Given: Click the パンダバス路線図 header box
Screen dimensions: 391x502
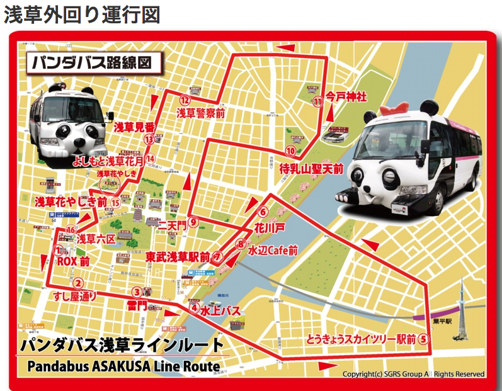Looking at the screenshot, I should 94,63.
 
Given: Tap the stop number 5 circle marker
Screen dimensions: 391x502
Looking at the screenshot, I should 424,338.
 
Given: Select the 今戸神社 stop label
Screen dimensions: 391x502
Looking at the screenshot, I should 346,98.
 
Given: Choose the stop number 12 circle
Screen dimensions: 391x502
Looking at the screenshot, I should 185,99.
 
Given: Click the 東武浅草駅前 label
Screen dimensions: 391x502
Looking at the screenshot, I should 178,257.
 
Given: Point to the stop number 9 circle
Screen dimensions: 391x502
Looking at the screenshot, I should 193,222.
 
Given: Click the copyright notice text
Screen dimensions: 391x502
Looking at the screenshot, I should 413,374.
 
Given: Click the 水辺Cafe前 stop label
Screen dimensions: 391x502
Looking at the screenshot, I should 273,250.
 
